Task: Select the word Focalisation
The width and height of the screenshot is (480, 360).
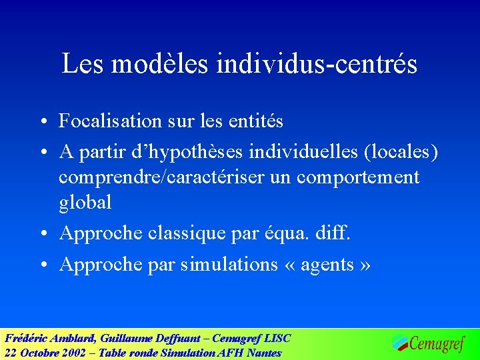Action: tap(110, 121)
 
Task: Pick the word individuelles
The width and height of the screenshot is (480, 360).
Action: tap(304, 153)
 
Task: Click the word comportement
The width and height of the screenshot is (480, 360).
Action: tap(358, 177)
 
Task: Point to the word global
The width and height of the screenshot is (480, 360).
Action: tap(85, 201)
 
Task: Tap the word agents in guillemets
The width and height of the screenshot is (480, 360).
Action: tap(327, 265)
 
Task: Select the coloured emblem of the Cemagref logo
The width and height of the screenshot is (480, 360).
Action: tap(400, 342)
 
